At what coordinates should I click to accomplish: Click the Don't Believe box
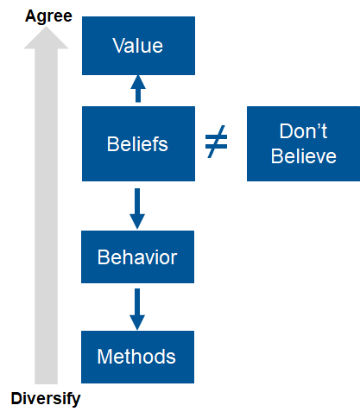tap(302, 144)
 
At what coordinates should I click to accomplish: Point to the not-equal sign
tap(216, 144)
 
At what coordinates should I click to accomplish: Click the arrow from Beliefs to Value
tap(137, 89)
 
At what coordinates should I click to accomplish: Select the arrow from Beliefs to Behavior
tap(137, 207)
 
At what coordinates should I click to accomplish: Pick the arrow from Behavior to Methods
tap(137, 307)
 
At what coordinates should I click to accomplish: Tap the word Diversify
tap(46, 399)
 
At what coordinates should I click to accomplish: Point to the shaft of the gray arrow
tap(46, 216)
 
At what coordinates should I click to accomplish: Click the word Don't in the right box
tap(302, 131)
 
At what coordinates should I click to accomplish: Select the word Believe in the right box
tap(302, 157)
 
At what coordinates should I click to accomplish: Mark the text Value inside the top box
tap(137, 45)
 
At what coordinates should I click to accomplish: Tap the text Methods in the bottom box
tap(137, 357)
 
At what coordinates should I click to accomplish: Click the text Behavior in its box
tap(137, 257)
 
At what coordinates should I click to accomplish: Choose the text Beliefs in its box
tap(137, 144)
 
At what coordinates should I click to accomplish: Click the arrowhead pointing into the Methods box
tap(137, 319)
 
